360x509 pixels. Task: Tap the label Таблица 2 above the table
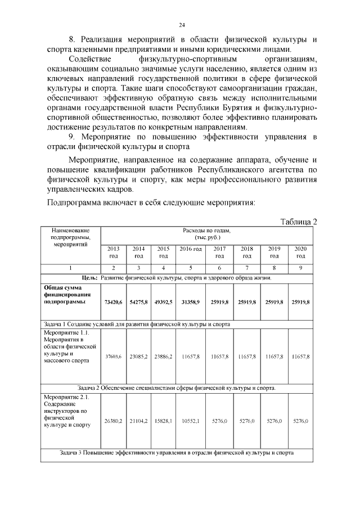tap(299, 222)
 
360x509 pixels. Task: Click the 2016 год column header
tap(191, 249)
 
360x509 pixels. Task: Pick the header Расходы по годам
tap(206, 234)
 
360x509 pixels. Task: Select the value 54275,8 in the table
tap(138, 302)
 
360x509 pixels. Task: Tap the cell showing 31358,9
tap(191, 302)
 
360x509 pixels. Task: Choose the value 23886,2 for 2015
tap(163, 357)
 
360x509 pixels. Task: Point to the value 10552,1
tap(191, 421)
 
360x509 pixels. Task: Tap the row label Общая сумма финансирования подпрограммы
tap(64, 295)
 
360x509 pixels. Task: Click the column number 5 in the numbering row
tap(191, 268)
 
